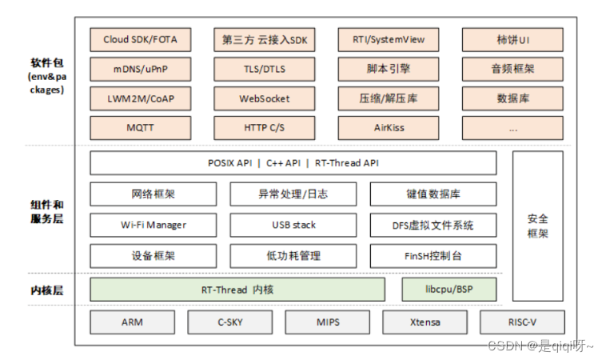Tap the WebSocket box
pos(264,99)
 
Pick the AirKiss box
pos(388,127)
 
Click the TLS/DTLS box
pos(264,70)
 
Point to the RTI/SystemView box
pos(388,39)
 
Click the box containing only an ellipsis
pos(512,127)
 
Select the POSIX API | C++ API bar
pos(293,163)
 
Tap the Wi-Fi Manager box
pos(153,225)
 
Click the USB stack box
pos(293,225)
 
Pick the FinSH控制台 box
pos(433,256)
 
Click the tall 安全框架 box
pos(536,226)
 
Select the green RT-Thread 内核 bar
pos(237,290)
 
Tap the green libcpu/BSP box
pos(449,290)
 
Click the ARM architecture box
pos(132,322)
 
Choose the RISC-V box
pos(521,322)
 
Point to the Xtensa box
pos(424,322)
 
